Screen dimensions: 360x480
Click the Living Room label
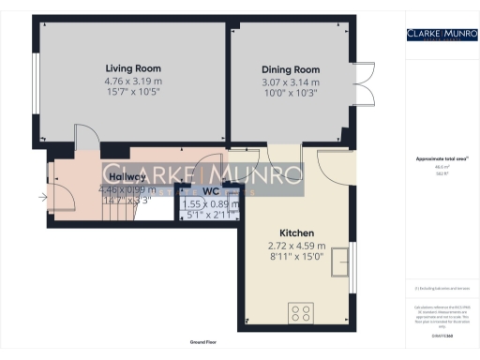click(132, 68)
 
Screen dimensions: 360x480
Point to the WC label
click(211, 191)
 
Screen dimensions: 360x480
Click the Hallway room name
click(127, 176)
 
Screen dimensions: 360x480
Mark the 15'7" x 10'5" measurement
click(132, 92)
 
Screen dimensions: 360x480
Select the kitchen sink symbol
click(348, 259)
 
